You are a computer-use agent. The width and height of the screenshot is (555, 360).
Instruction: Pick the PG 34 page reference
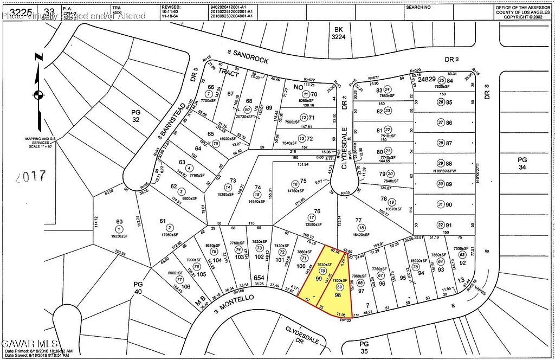(522, 164)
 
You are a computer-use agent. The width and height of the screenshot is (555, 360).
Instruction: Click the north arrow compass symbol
(37, 95)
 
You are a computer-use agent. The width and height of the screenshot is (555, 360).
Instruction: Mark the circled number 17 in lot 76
(311, 217)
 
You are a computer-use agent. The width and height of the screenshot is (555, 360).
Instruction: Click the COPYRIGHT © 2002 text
(522, 17)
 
